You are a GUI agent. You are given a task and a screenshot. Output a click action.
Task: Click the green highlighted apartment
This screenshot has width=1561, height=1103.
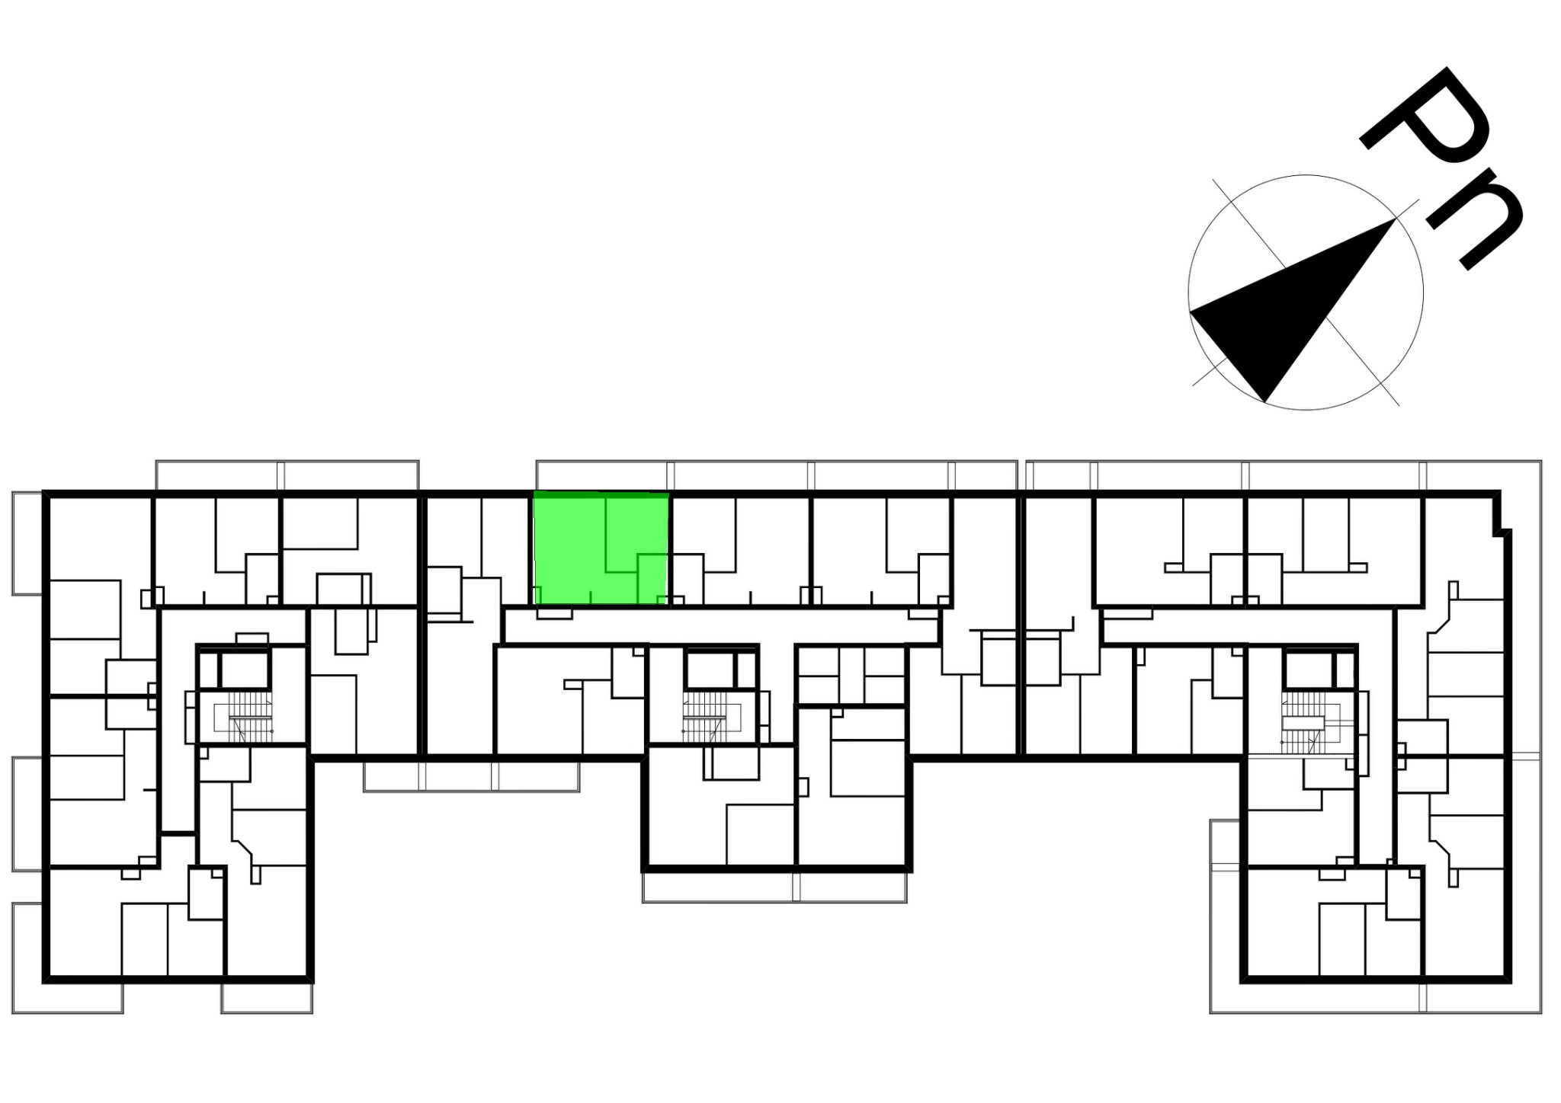pyautogui.click(x=601, y=548)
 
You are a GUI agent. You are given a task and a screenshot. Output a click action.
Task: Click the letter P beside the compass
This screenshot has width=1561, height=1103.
pyautogui.click(x=1424, y=126)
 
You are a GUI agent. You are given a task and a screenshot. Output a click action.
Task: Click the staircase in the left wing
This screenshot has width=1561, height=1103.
pyautogui.click(x=243, y=717)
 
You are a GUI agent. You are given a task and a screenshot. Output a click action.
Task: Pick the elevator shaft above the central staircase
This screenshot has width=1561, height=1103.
pyautogui.click(x=710, y=670)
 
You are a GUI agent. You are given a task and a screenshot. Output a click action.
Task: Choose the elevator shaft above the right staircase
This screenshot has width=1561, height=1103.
pyautogui.click(x=1307, y=670)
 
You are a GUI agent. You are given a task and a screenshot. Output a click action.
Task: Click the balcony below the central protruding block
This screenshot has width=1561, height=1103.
pyautogui.click(x=774, y=887)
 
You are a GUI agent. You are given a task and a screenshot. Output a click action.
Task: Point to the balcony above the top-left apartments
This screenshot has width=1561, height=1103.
pyautogui.click(x=287, y=475)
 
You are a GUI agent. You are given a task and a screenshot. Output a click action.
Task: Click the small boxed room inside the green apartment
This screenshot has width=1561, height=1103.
pyautogui.click(x=652, y=579)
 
